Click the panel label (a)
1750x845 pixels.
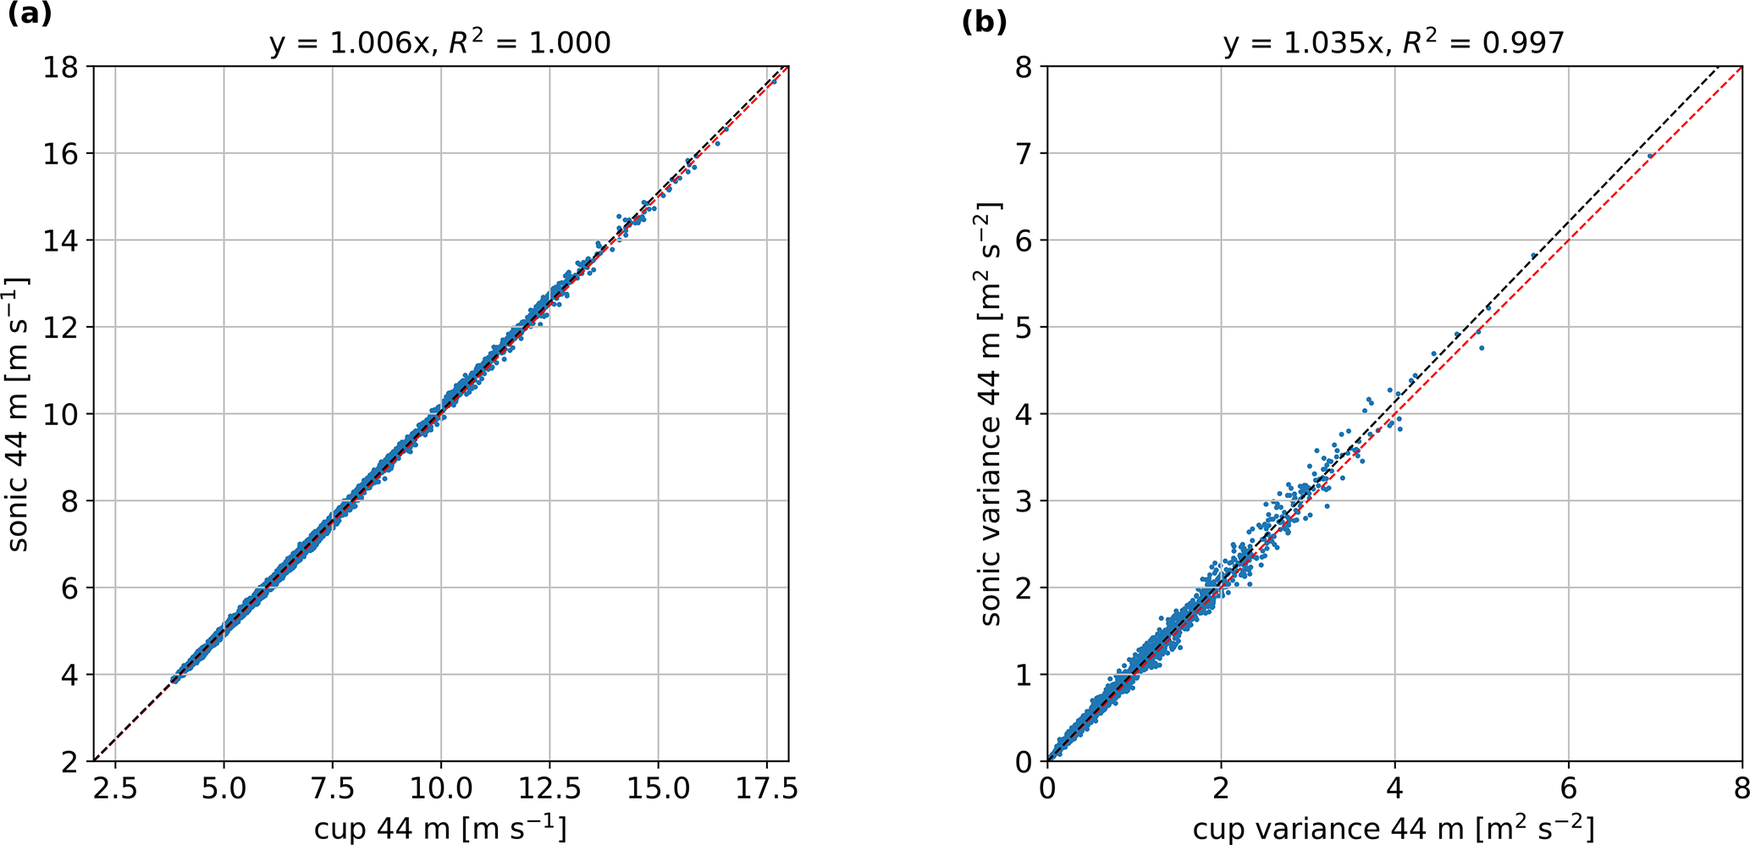[29, 15]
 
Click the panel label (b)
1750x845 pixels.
[984, 22]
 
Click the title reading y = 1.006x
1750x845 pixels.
[440, 43]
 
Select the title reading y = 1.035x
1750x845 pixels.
[1394, 43]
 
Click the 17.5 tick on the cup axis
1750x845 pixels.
[766, 787]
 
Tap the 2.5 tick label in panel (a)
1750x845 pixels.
[115, 787]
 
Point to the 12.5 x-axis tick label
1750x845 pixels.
[549, 787]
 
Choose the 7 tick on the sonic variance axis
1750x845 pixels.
[1024, 153]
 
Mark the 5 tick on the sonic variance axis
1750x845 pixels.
[1024, 327]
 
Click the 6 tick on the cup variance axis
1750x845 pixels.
[1568, 787]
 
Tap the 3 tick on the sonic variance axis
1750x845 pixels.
[1024, 500]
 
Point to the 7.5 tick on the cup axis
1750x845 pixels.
[332, 787]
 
